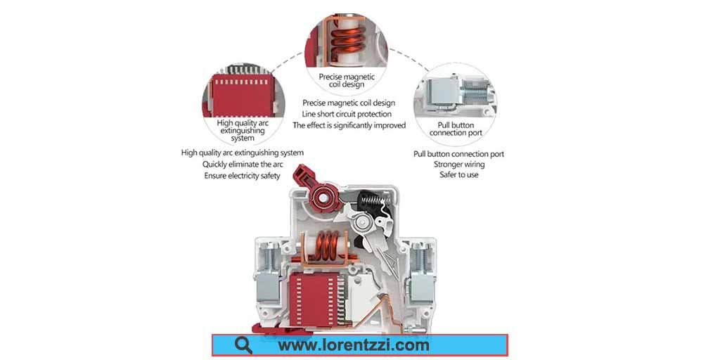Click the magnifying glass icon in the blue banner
pos(243,345)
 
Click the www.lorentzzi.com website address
pos(354,345)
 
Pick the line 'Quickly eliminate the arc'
pos(243,164)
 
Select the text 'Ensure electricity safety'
pos(242,175)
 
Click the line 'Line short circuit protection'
pos(347,114)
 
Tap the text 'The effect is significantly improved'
pos(349,125)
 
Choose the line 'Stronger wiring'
pos(458,164)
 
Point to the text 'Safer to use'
pos(458,175)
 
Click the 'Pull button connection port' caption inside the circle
pos(456,129)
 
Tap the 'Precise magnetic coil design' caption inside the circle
pos(347,80)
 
